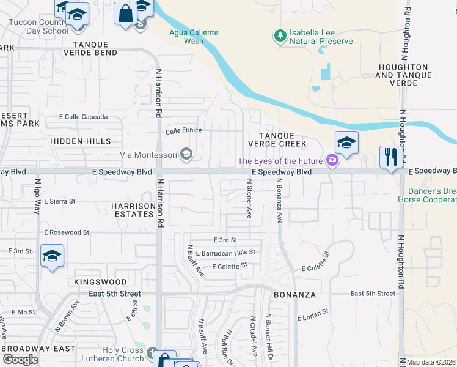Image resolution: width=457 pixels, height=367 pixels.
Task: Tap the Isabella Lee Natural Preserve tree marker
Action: [x=280, y=35]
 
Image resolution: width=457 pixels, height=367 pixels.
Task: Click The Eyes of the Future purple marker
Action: [x=332, y=161]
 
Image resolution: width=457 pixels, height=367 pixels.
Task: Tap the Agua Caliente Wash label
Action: [x=194, y=37]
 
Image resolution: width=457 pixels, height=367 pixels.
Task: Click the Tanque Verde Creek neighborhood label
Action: [x=276, y=139]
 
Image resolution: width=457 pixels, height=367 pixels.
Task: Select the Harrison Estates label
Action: [x=133, y=210]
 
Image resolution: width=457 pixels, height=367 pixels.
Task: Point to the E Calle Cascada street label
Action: [x=83, y=117]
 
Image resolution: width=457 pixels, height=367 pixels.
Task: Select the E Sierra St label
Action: [x=55, y=201]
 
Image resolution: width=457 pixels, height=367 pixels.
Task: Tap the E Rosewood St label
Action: [x=67, y=232]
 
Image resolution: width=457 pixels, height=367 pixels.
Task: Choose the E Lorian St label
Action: [x=312, y=317]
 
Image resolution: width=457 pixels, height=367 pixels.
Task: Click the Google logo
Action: [x=21, y=360]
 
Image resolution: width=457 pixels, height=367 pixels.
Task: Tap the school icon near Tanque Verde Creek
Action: [x=346, y=143]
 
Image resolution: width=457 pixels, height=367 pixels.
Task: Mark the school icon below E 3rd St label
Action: [x=53, y=256]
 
